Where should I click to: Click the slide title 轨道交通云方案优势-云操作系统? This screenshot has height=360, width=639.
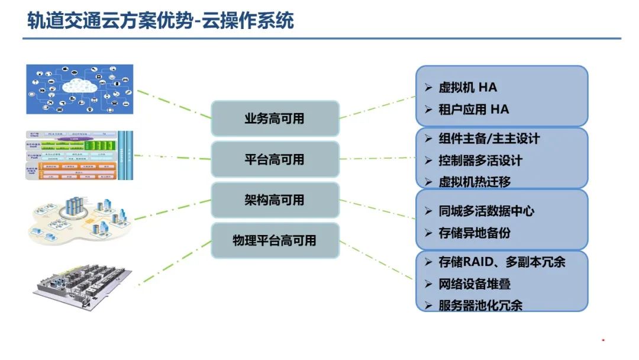pos(160,21)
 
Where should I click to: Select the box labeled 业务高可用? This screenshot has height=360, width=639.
pos(275,118)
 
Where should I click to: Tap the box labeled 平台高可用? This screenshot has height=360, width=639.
pos(275,159)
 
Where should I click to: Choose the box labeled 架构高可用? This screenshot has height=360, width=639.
pos(275,200)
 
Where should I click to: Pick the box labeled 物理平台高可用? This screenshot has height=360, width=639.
pos(275,240)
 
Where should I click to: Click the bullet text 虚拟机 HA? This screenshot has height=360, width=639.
pos(467,88)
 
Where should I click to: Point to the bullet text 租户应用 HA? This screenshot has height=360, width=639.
pos(473,110)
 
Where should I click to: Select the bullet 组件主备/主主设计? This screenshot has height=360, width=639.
pos(489,139)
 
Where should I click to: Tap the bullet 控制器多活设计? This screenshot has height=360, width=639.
pos(480,160)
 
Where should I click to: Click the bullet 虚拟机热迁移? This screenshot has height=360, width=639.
pos(475,182)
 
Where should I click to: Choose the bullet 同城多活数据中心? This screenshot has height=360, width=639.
pos(486,211)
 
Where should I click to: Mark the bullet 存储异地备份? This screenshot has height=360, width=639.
pos(475,233)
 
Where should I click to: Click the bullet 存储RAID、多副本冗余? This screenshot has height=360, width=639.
pos(502,262)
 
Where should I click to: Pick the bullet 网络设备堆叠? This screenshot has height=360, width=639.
pos(475,284)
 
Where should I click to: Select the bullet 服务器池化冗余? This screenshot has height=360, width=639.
pos(480,306)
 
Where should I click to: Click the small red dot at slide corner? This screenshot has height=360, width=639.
pos(603,340)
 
